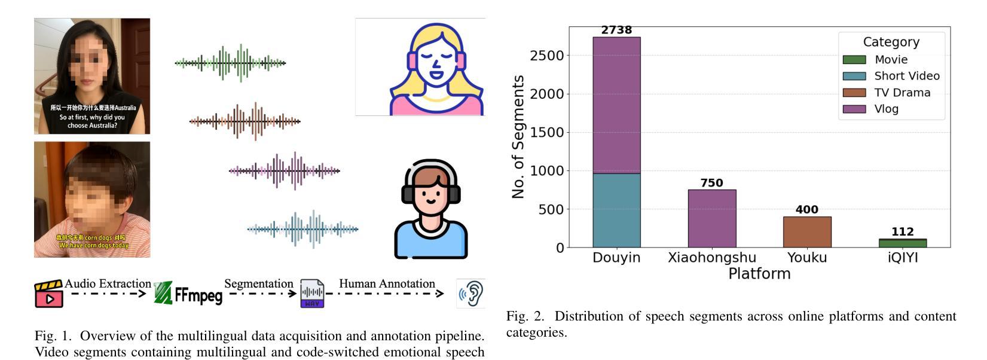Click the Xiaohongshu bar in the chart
click(x=711, y=218)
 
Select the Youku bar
click(x=807, y=232)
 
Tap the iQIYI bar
click(x=902, y=243)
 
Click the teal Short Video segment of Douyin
click(x=616, y=210)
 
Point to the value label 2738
click(x=616, y=30)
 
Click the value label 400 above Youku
click(x=807, y=210)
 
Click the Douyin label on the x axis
click(x=616, y=258)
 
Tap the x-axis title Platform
click(x=759, y=274)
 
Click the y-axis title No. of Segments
click(x=518, y=136)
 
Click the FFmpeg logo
click(x=188, y=293)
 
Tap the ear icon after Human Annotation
click(x=471, y=293)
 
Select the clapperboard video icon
click(x=49, y=294)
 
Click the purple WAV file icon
click(x=312, y=294)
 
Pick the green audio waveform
click(x=230, y=63)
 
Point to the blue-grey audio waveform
click(x=302, y=228)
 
